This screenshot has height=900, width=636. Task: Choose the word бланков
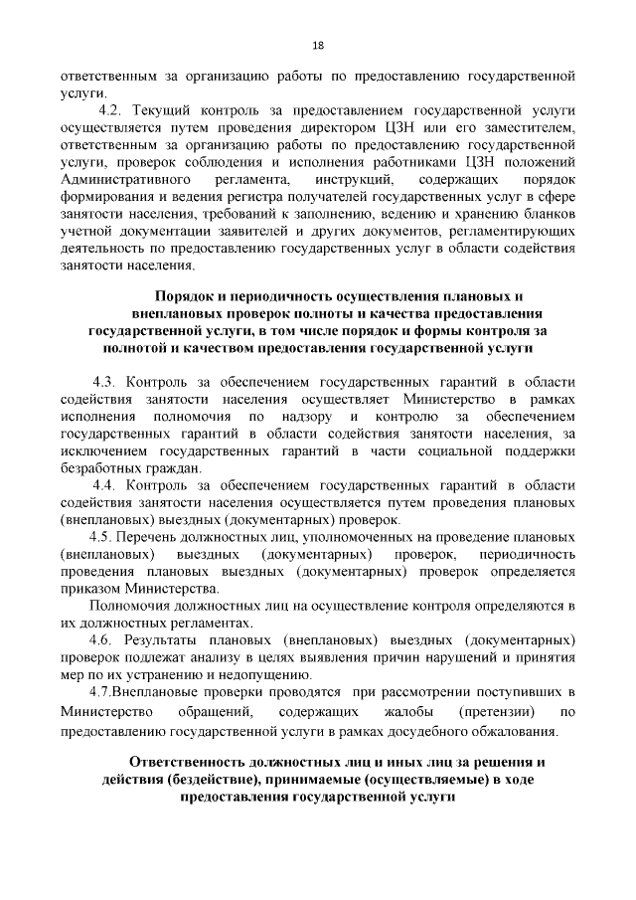click(x=544, y=214)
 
